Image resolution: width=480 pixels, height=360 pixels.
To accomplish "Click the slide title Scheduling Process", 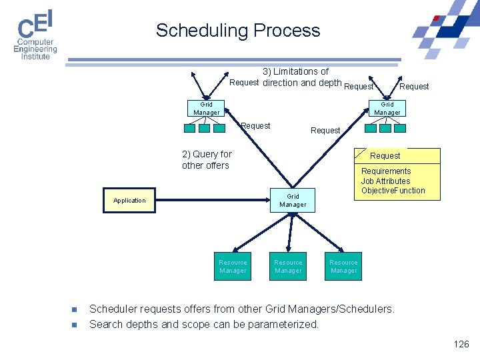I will (238, 31).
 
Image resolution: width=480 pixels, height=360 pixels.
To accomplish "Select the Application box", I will (129, 200).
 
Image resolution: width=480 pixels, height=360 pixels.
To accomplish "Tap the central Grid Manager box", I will (293, 200).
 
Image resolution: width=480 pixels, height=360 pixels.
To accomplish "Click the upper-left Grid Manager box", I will (207, 108).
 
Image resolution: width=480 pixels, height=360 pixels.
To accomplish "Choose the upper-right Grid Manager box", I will (387, 108).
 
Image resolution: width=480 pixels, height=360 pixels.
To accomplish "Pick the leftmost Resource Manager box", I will (233, 266).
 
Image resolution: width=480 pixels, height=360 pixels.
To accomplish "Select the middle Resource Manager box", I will (288, 266).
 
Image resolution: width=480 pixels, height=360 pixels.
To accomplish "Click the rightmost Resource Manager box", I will (344, 266).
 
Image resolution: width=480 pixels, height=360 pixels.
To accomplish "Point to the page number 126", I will (461, 344).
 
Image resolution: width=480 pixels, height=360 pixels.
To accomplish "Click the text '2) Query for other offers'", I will (207, 159).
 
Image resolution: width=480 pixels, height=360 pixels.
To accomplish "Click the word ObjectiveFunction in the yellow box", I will (393, 191).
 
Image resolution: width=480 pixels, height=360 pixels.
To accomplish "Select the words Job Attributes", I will (385, 181).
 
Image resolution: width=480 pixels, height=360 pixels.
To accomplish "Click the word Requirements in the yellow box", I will (386, 171).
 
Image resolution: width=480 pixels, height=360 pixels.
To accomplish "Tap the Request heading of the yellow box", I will (385, 155).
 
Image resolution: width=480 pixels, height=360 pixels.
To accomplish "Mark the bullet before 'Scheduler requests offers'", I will (75, 309).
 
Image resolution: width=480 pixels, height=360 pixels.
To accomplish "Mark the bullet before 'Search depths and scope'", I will (75, 325).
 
